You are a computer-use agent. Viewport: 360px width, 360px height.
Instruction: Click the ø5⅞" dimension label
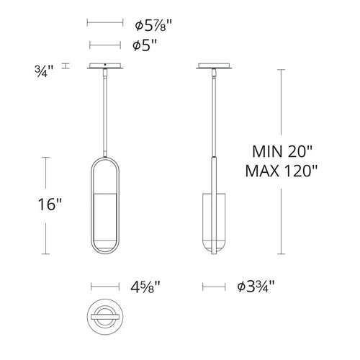coord(153,25)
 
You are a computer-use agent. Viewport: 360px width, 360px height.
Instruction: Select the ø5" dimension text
coord(145,45)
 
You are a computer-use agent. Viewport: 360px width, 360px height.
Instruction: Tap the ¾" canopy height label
coord(44,71)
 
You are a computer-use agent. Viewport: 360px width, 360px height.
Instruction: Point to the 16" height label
coord(50,204)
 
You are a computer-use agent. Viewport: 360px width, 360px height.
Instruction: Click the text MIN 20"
coord(282,151)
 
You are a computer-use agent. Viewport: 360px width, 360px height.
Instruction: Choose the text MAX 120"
coord(282,171)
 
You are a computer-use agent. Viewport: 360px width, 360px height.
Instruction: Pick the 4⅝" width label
coord(145,287)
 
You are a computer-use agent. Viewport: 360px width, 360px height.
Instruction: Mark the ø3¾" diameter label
coord(256,287)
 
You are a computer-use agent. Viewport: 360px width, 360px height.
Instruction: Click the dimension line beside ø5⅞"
coord(105,23)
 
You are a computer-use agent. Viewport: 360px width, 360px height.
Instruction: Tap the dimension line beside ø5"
coord(105,45)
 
